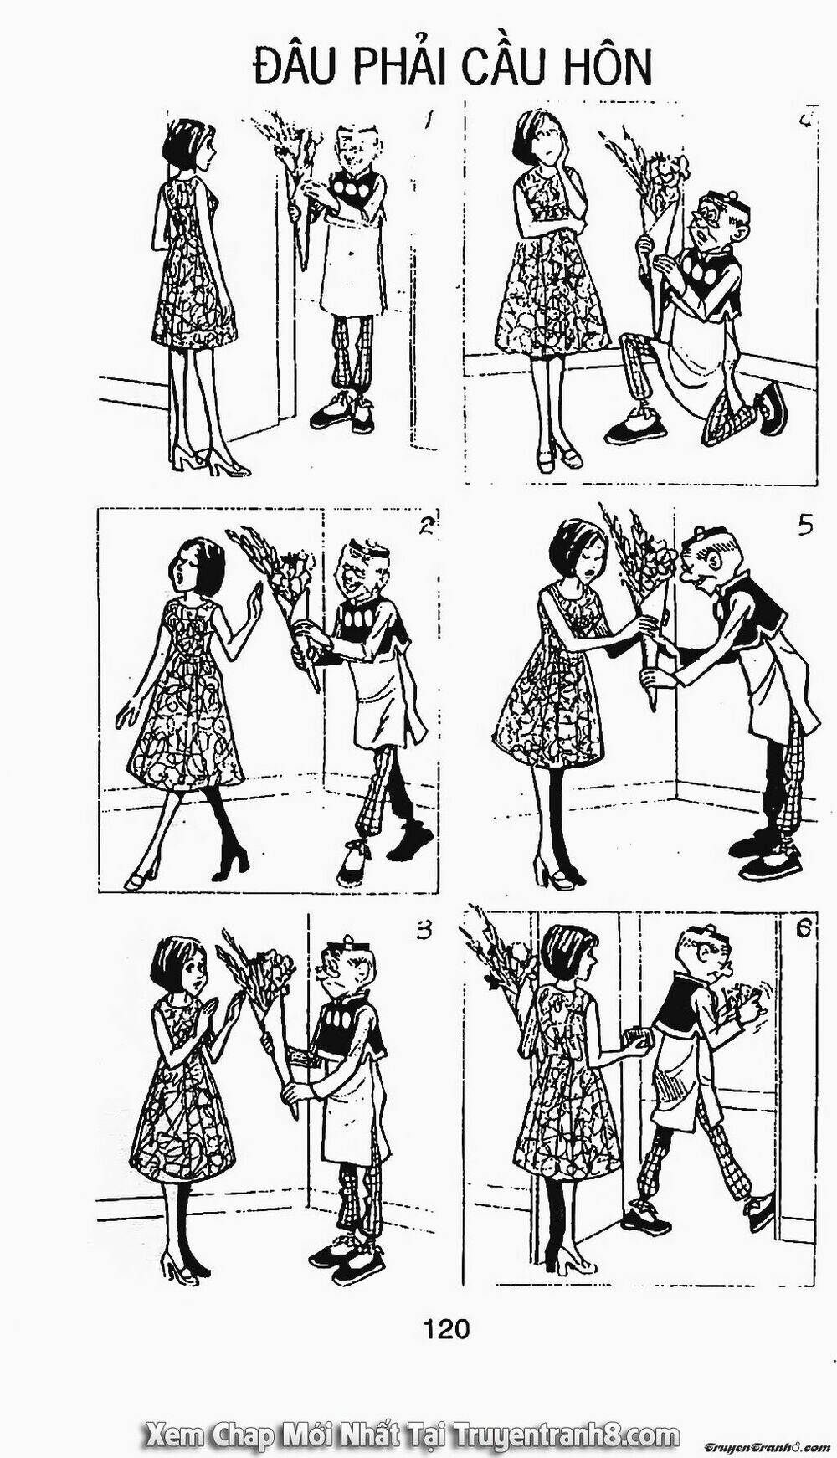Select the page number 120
[446, 1327]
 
